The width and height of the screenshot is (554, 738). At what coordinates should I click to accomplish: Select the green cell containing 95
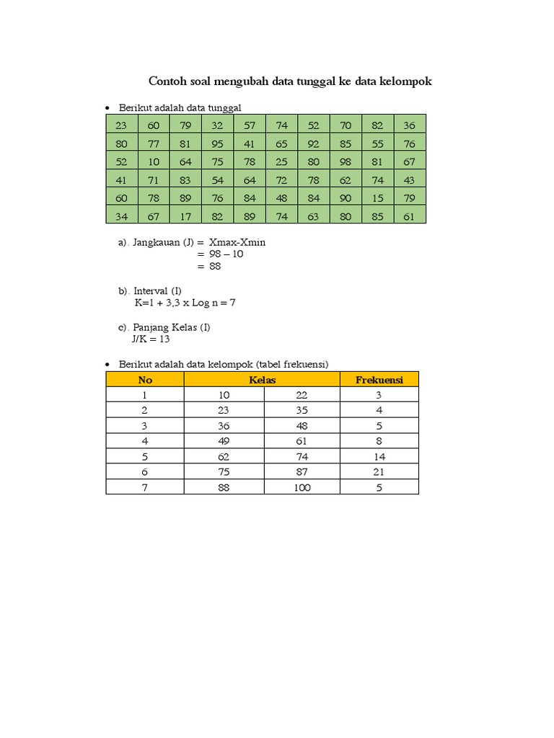point(217,143)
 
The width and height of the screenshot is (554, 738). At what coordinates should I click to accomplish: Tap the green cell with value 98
point(345,161)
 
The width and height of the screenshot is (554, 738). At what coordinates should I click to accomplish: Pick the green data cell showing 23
point(121,125)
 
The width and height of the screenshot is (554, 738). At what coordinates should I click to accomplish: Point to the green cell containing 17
point(185,215)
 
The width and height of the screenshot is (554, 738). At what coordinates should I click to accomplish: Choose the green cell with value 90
point(345,197)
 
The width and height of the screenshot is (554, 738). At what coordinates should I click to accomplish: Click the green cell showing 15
point(377,197)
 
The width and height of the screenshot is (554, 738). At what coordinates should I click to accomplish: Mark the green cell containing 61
point(409,215)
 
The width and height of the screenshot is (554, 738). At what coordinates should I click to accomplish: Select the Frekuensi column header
point(379,380)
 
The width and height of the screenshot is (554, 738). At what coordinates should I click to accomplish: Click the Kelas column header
point(262,380)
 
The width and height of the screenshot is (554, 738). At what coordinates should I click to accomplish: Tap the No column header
point(145,380)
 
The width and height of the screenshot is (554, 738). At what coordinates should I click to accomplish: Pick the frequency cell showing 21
point(379,472)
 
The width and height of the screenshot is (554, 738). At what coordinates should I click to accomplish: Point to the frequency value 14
point(379,457)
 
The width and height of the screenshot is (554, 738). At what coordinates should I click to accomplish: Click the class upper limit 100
point(302,487)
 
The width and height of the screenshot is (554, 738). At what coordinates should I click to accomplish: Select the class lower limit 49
point(224,441)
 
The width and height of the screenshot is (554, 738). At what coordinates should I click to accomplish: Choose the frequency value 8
point(379,441)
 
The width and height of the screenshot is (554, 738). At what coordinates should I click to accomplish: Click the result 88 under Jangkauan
point(214,266)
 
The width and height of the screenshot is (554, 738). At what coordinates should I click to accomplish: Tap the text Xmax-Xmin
point(237,242)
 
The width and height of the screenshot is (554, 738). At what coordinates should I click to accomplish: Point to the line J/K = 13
point(151,338)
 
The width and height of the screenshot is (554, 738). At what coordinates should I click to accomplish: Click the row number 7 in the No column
point(144,487)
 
